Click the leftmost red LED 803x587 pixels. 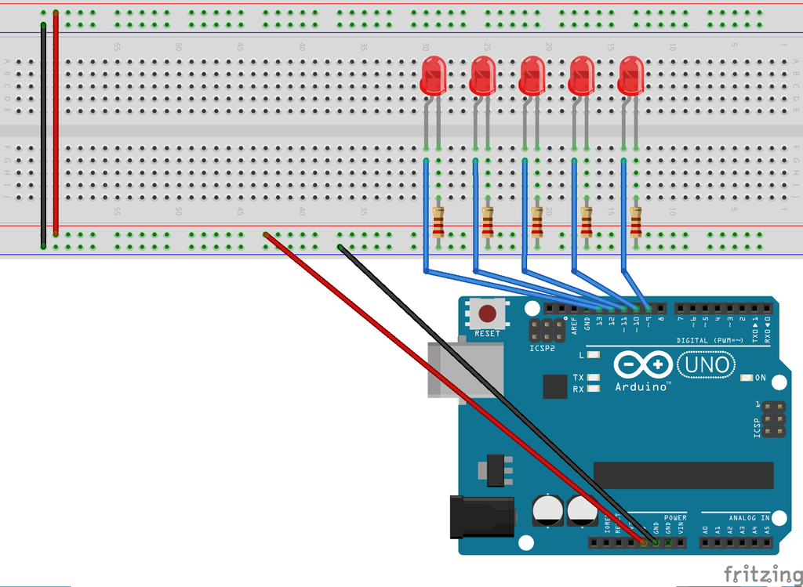pyautogui.click(x=434, y=76)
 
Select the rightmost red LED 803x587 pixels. pyautogui.click(x=631, y=76)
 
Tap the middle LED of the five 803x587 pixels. pyautogui.click(x=532, y=76)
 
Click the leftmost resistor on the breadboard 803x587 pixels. pyautogui.click(x=438, y=222)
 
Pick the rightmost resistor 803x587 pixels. pyautogui.click(x=635, y=222)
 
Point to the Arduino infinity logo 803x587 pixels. pyautogui.click(x=643, y=364)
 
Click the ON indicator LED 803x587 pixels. pyautogui.click(x=747, y=378)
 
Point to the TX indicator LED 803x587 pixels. pyautogui.click(x=594, y=378)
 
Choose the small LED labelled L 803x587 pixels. pyautogui.click(x=594, y=355)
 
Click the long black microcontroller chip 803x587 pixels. pyautogui.click(x=683, y=475)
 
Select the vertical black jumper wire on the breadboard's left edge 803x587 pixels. pyautogui.click(x=43, y=133)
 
